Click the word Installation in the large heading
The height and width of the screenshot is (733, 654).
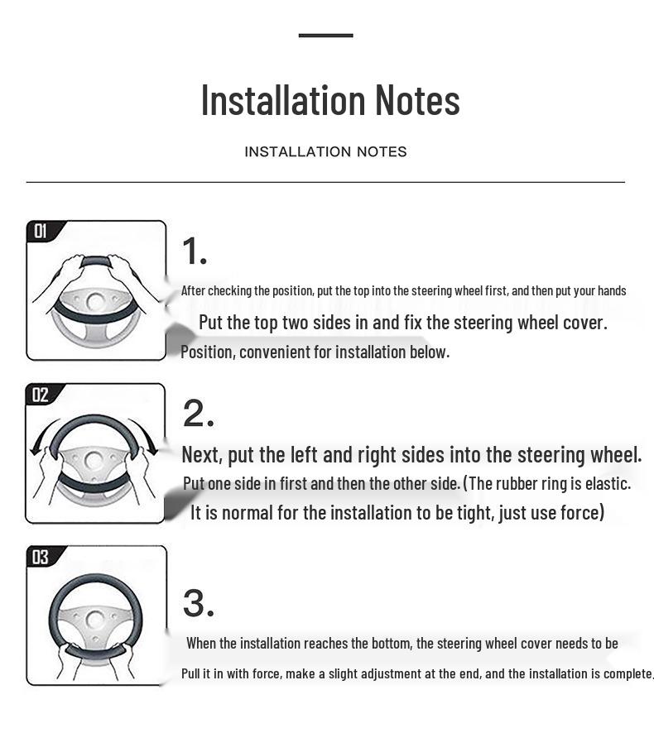coord(283,99)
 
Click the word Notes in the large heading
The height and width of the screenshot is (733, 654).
coord(418,99)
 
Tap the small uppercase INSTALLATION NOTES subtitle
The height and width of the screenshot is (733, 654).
coord(325,151)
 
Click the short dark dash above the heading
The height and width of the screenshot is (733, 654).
coord(325,35)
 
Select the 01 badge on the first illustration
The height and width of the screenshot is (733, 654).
coord(41,231)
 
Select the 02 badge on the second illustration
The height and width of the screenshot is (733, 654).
coord(41,395)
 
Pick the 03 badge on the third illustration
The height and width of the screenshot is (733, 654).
coord(41,557)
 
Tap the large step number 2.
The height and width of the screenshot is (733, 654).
coord(198,414)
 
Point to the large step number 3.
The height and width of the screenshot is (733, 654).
coord(199,603)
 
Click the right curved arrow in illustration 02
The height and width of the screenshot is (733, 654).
coord(146,434)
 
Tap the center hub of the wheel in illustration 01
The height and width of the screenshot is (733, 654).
coord(95,303)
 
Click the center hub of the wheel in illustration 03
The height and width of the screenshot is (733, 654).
coord(95,620)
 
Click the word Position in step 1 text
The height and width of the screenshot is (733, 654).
coord(207,352)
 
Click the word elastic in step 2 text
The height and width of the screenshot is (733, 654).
coord(608,483)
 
